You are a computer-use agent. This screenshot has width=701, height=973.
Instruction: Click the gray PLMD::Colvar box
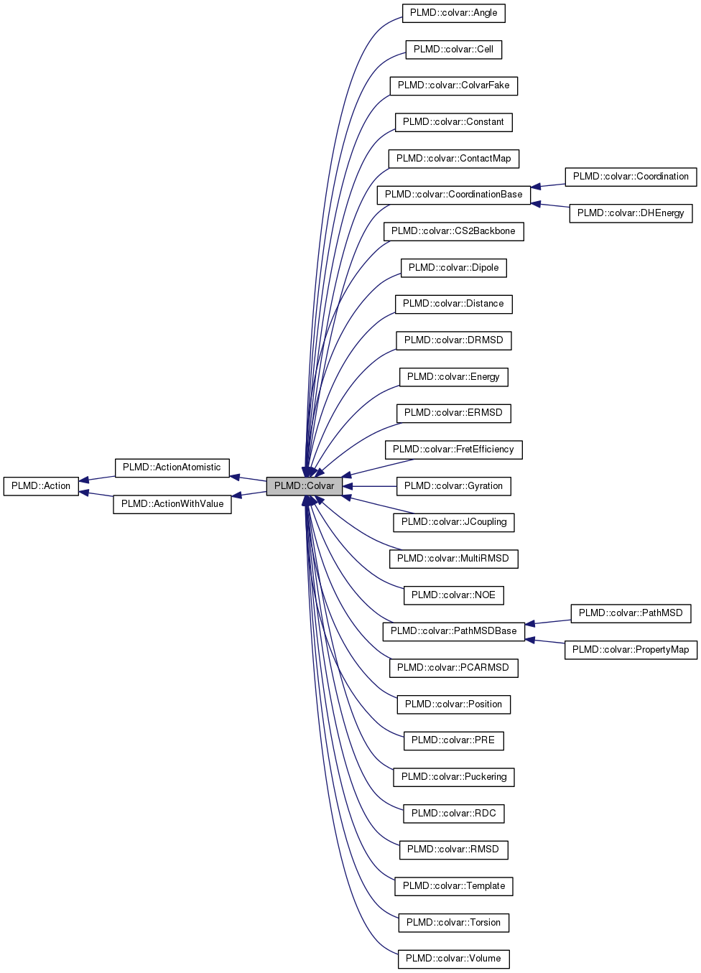[x=304, y=486]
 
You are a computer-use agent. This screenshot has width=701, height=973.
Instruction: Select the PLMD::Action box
[x=41, y=486]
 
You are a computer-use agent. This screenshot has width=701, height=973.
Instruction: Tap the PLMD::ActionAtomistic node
[x=172, y=467]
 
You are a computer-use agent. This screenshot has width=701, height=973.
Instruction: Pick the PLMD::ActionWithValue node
[x=172, y=504]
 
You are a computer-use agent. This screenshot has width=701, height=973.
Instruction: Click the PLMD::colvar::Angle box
[x=453, y=13]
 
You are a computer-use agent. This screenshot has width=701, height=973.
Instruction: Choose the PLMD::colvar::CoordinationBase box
[x=453, y=195]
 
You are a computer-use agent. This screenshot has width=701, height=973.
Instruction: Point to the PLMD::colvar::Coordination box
[x=631, y=177]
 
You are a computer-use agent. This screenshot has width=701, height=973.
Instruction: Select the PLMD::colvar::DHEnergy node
[x=631, y=213]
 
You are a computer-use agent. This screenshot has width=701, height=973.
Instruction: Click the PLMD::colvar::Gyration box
[x=453, y=486]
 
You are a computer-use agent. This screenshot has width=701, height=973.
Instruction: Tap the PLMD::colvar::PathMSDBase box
[x=453, y=631]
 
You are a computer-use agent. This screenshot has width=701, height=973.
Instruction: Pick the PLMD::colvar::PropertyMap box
[x=631, y=650]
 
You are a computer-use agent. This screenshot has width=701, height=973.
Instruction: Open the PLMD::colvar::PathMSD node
[x=631, y=613]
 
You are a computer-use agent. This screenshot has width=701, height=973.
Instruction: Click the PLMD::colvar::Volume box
[x=453, y=959]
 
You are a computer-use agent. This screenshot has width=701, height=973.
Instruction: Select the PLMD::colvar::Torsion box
[x=453, y=923]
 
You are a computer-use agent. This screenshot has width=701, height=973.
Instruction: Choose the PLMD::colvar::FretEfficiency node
[x=453, y=450]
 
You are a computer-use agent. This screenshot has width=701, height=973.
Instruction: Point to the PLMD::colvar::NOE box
[x=453, y=595]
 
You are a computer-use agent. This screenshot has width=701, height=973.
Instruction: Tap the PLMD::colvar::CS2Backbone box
[x=453, y=231]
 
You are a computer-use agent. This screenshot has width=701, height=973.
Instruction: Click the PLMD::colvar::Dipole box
[x=453, y=268]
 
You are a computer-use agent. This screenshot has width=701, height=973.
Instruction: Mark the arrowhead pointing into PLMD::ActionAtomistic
[x=235, y=477]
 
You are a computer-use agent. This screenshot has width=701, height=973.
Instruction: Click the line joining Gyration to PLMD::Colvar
[x=373, y=486]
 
